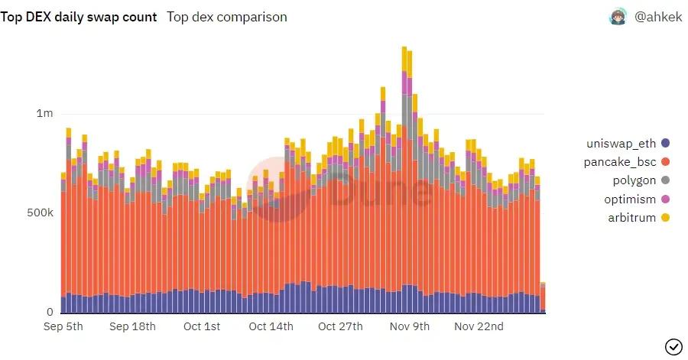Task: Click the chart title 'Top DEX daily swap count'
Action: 79,17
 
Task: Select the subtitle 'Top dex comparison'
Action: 227,17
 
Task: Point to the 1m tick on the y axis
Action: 44,114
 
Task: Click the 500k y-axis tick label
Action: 39,212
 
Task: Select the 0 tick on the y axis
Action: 50,312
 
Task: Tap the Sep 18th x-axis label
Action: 132,327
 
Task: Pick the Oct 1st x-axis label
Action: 202,327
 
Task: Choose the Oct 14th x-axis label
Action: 271,327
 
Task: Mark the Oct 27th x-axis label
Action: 341,327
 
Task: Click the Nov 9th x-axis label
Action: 410,327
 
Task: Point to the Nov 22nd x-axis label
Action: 479,327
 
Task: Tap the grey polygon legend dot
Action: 665,180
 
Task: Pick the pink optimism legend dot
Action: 665,199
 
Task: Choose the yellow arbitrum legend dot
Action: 665,218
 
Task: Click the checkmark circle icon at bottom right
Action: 673,346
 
